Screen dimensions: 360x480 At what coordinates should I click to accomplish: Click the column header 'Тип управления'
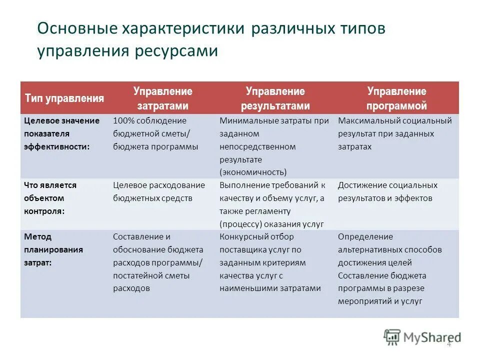click(x=64, y=98)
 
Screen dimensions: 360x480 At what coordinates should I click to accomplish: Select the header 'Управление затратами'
click(x=162, y=98)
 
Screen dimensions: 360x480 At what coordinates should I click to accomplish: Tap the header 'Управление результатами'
click(x=275, y=98)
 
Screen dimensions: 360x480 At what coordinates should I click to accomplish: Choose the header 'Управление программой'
click(x=396, y=98)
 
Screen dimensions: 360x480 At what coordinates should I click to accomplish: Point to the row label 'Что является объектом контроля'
click(x=50, y=198)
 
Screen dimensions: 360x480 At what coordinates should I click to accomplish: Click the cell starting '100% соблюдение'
click(x=155, y=133)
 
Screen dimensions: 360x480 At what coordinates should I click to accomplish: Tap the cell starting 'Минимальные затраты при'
click(x=274, y=146)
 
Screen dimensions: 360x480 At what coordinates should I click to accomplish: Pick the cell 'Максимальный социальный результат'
click(x=394, y=133)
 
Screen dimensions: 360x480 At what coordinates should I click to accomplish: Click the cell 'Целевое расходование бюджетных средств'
click(x=159, y=191)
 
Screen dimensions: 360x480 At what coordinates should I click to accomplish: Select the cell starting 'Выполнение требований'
click(x=272, y=204)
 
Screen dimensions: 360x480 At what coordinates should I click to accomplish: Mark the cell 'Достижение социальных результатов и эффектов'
click(x=387, y=191)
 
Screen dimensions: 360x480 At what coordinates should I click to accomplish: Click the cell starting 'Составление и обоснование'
click(x=158, y=262)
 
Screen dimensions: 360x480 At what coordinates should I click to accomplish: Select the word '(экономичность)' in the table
click(x=253, y=172)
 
